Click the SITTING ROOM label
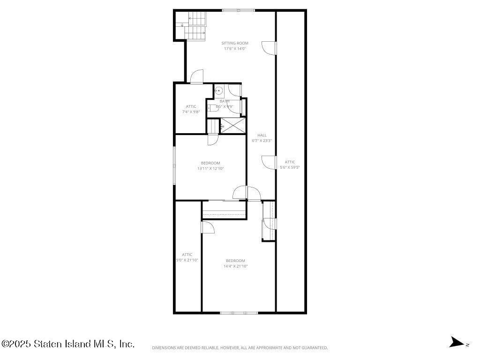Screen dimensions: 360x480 point(235,43)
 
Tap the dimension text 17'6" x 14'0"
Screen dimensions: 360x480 point(235,48)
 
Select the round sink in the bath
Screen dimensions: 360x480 point(218,91)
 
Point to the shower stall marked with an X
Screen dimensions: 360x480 point(233,125)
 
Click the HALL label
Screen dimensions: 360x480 point(262,135)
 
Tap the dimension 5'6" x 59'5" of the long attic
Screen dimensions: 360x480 point(290,167)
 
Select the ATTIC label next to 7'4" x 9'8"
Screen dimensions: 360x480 point(191,106)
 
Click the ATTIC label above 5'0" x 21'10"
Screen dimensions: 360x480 point(187,255)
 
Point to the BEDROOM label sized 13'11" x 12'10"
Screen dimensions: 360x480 point(210,163)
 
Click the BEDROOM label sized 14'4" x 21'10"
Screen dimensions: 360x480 point(235,261)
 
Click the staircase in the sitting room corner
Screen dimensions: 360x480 point(194,26)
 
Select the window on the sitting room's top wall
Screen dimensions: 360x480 point(238,10)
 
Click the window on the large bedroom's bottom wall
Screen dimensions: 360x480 point(239,312)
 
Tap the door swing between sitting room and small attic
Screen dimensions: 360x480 point(197,77)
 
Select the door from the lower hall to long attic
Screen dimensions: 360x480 point(269,162)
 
